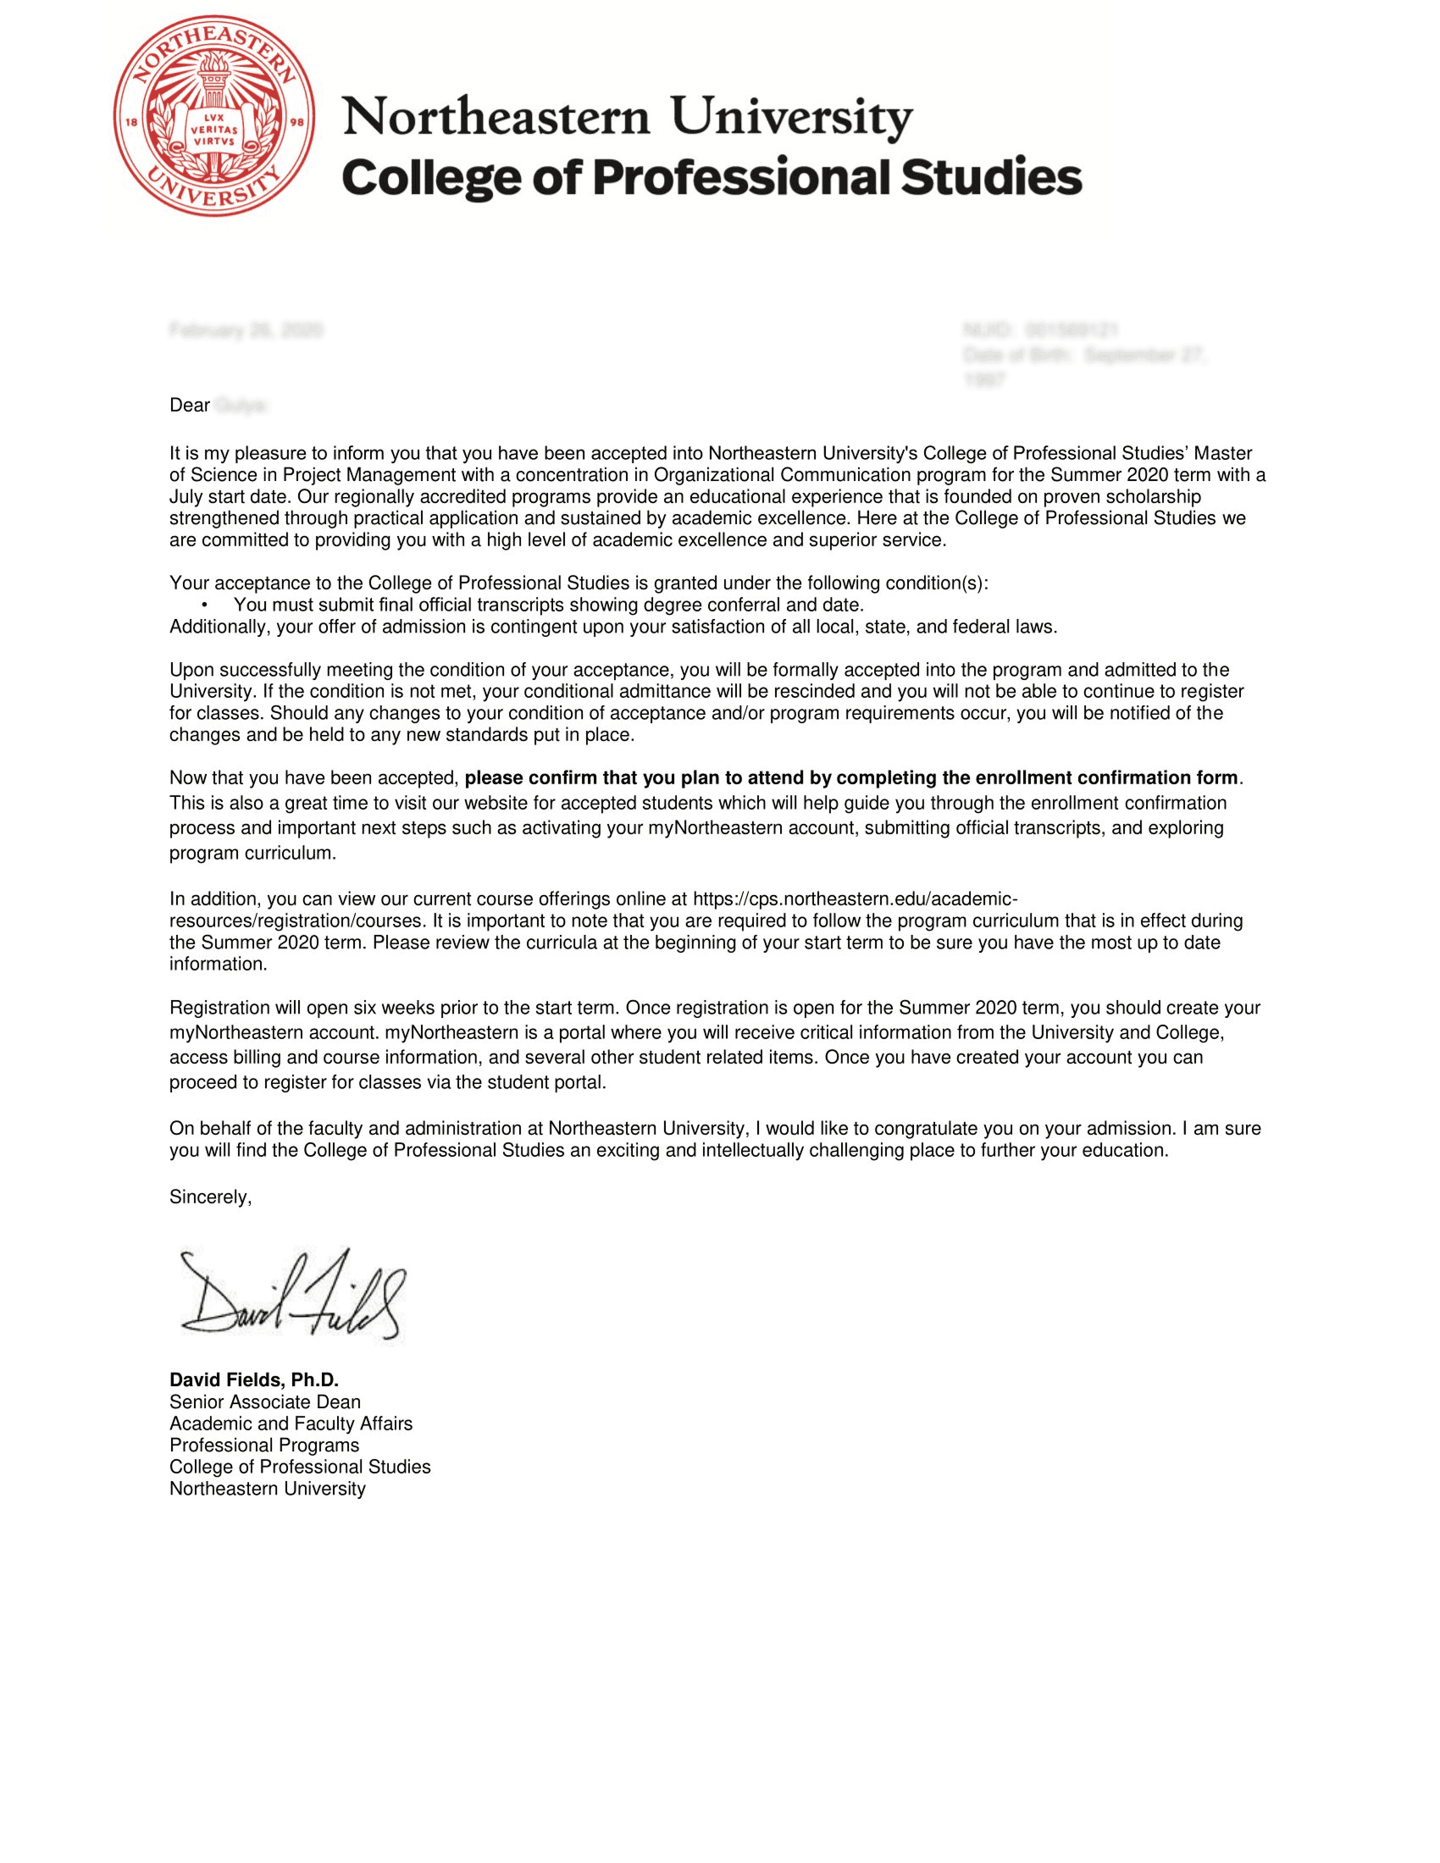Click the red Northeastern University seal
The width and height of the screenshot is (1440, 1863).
(x=214, y=116)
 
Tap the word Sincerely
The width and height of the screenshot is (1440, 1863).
(x=210, y=1197)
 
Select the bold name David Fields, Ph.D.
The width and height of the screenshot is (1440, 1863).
(x=254, y=1380)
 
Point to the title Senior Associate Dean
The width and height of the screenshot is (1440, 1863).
(x=264, y=1402)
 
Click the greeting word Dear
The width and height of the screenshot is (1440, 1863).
(x=190, y=405)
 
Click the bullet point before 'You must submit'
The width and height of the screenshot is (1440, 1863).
(x=205, y=605)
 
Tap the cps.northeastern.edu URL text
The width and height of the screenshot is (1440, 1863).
(x=854, y=899)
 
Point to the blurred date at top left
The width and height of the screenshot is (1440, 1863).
(x=246, y=330)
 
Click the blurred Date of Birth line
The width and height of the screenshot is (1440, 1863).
(x=1085, y=356)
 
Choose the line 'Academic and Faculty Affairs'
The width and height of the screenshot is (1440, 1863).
(x=291, y=1424)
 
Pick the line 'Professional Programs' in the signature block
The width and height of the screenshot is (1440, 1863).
(x=264, y=1445)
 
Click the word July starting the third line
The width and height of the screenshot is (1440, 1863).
(x=188, y=497)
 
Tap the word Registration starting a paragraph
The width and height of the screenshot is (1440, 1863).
(x=218, y=1009)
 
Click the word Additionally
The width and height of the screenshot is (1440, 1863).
(x=219, y=627)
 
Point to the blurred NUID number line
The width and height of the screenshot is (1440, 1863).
(x=1041, y=330)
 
